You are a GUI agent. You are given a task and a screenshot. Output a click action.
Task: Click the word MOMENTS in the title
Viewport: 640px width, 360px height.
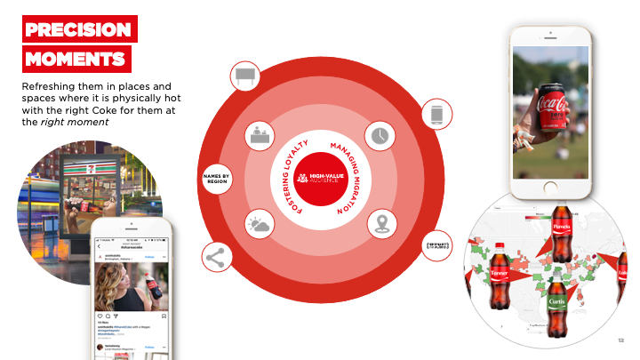tap(76, 60)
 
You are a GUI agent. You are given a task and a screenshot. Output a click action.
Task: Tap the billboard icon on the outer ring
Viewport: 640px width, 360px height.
tap(244, 77)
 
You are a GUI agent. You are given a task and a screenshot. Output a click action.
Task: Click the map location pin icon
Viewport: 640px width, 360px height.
tap(381, 223)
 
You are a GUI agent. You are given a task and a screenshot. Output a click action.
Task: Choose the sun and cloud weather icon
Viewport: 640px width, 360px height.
tap(259, 223)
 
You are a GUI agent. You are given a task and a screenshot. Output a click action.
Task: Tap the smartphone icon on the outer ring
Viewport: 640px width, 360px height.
tap(436, 114)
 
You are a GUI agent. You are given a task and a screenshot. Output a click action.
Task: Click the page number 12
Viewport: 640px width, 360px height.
tap(620, 340)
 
